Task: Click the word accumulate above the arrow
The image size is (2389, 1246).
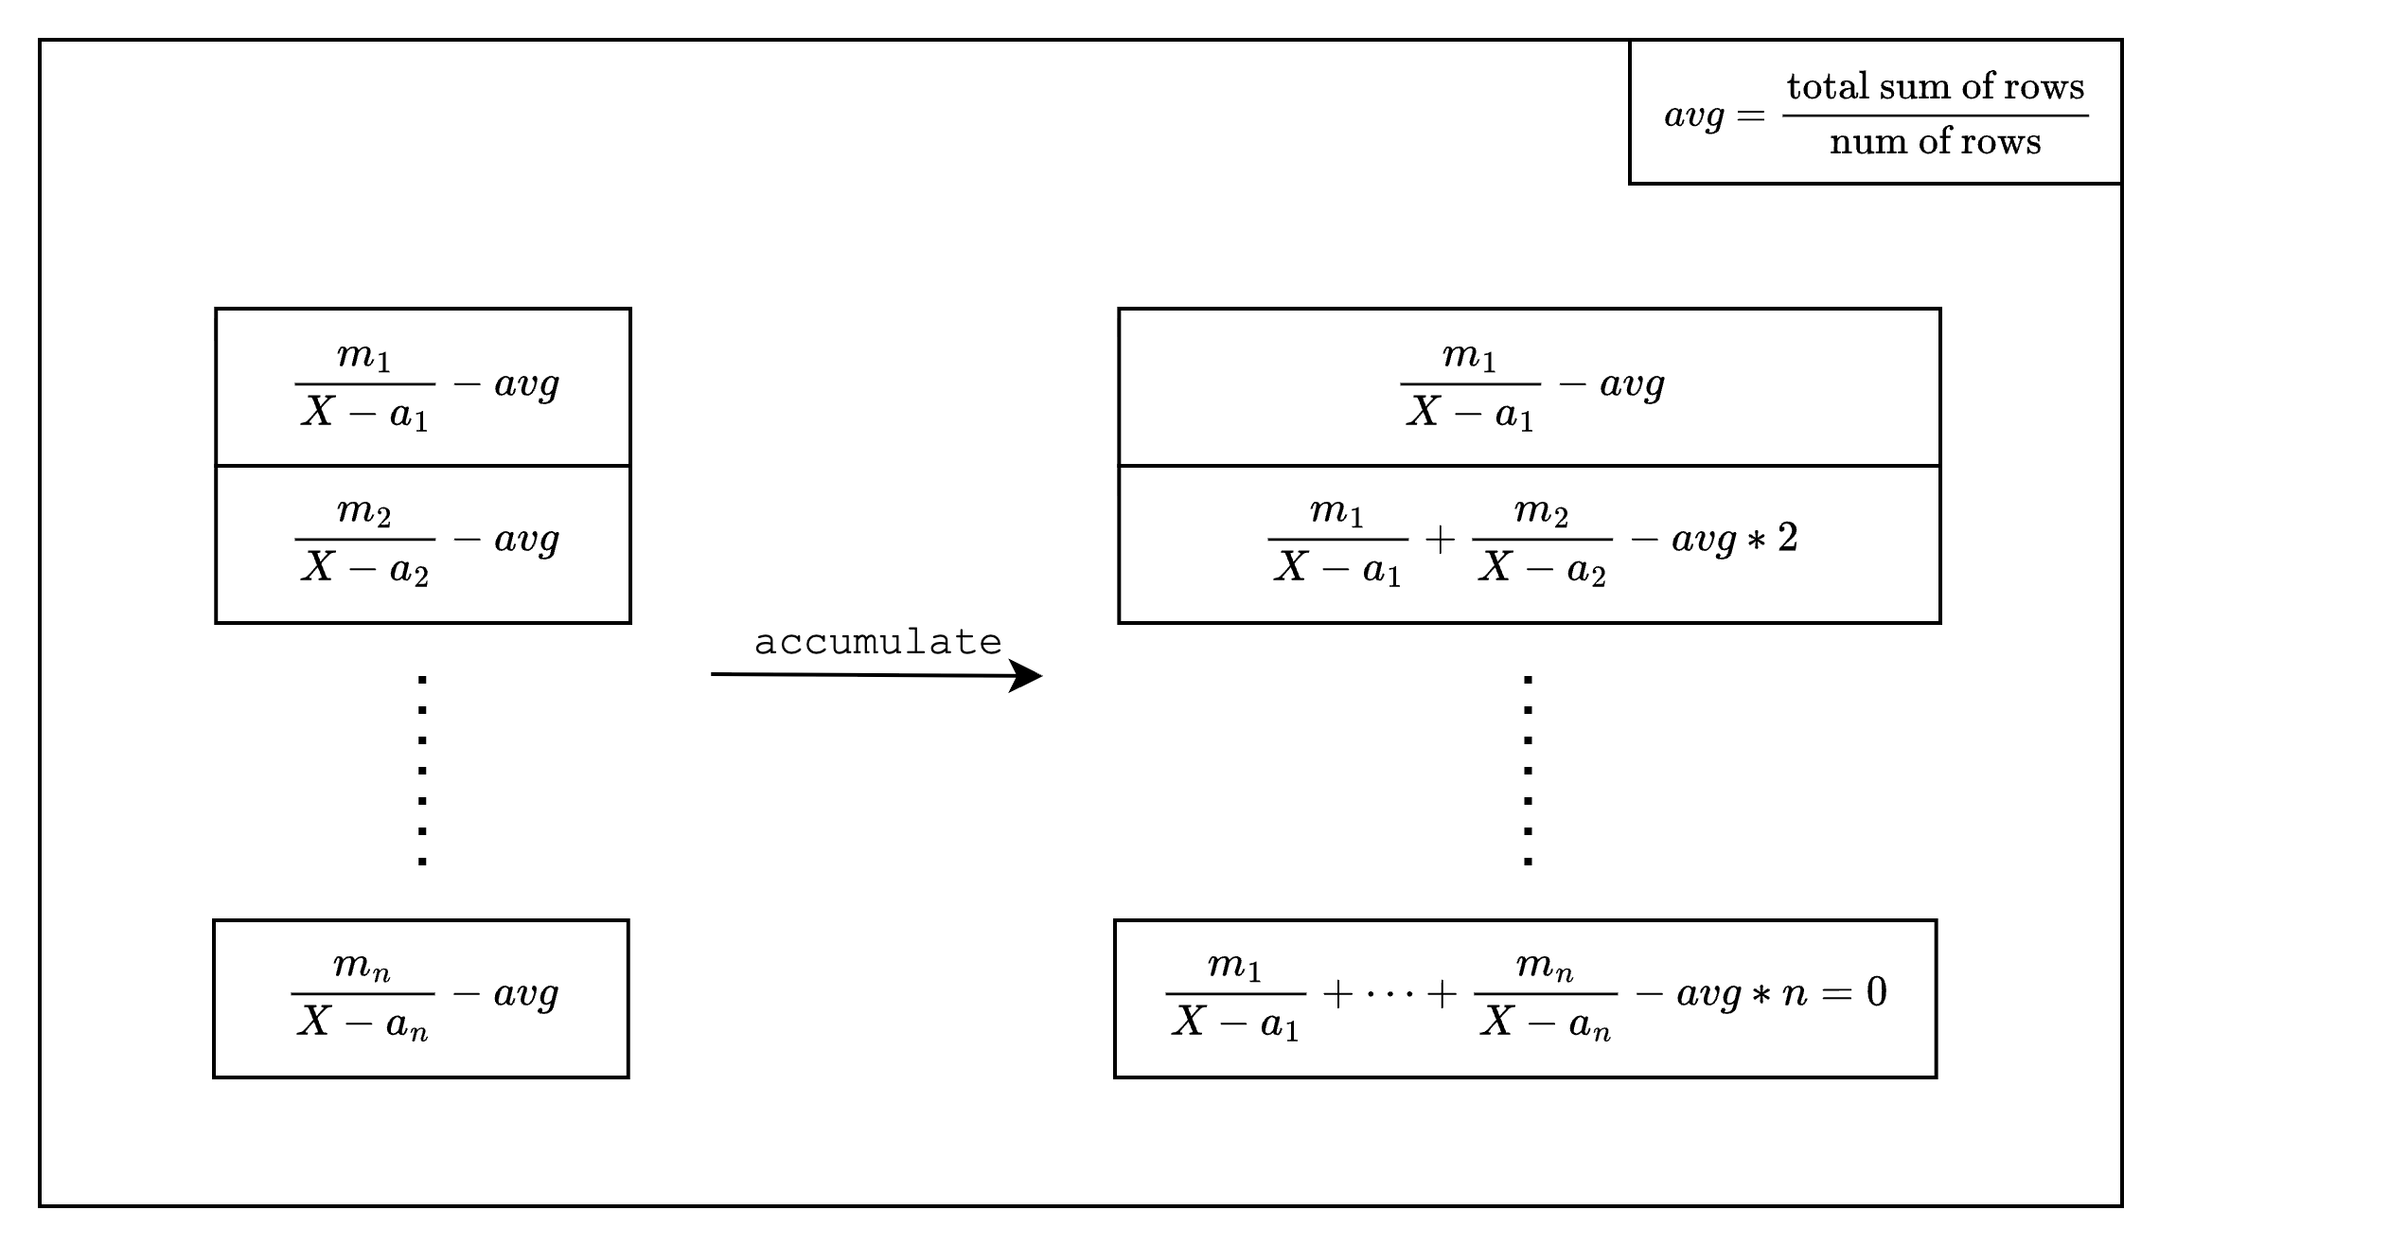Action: [877, 643]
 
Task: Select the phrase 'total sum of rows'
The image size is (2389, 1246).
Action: [1935, 87]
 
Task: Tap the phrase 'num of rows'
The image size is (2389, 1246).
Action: [1935, 142]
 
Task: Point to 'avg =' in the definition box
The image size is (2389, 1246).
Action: [1713, 116]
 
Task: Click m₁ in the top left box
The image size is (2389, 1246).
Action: [364, 358]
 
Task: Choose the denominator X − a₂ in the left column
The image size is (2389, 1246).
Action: [364, 568]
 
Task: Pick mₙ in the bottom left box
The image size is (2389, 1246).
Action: [362, 967]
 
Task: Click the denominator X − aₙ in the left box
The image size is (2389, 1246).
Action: [363, 1023]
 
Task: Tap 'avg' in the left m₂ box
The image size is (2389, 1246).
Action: [526, 540]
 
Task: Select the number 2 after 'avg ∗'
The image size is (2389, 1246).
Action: [1787, 538]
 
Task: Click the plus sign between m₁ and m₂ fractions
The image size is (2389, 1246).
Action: [1440, 540]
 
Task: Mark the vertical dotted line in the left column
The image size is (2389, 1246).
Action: [422, 770]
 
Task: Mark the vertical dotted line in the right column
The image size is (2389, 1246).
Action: [1528, 770]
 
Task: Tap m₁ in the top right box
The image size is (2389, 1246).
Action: [1469, 356]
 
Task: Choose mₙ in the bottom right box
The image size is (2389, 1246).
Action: [1544, 967]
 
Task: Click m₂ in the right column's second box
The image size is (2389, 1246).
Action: [1541, 512]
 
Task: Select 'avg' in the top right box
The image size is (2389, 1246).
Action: [1632, 384]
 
